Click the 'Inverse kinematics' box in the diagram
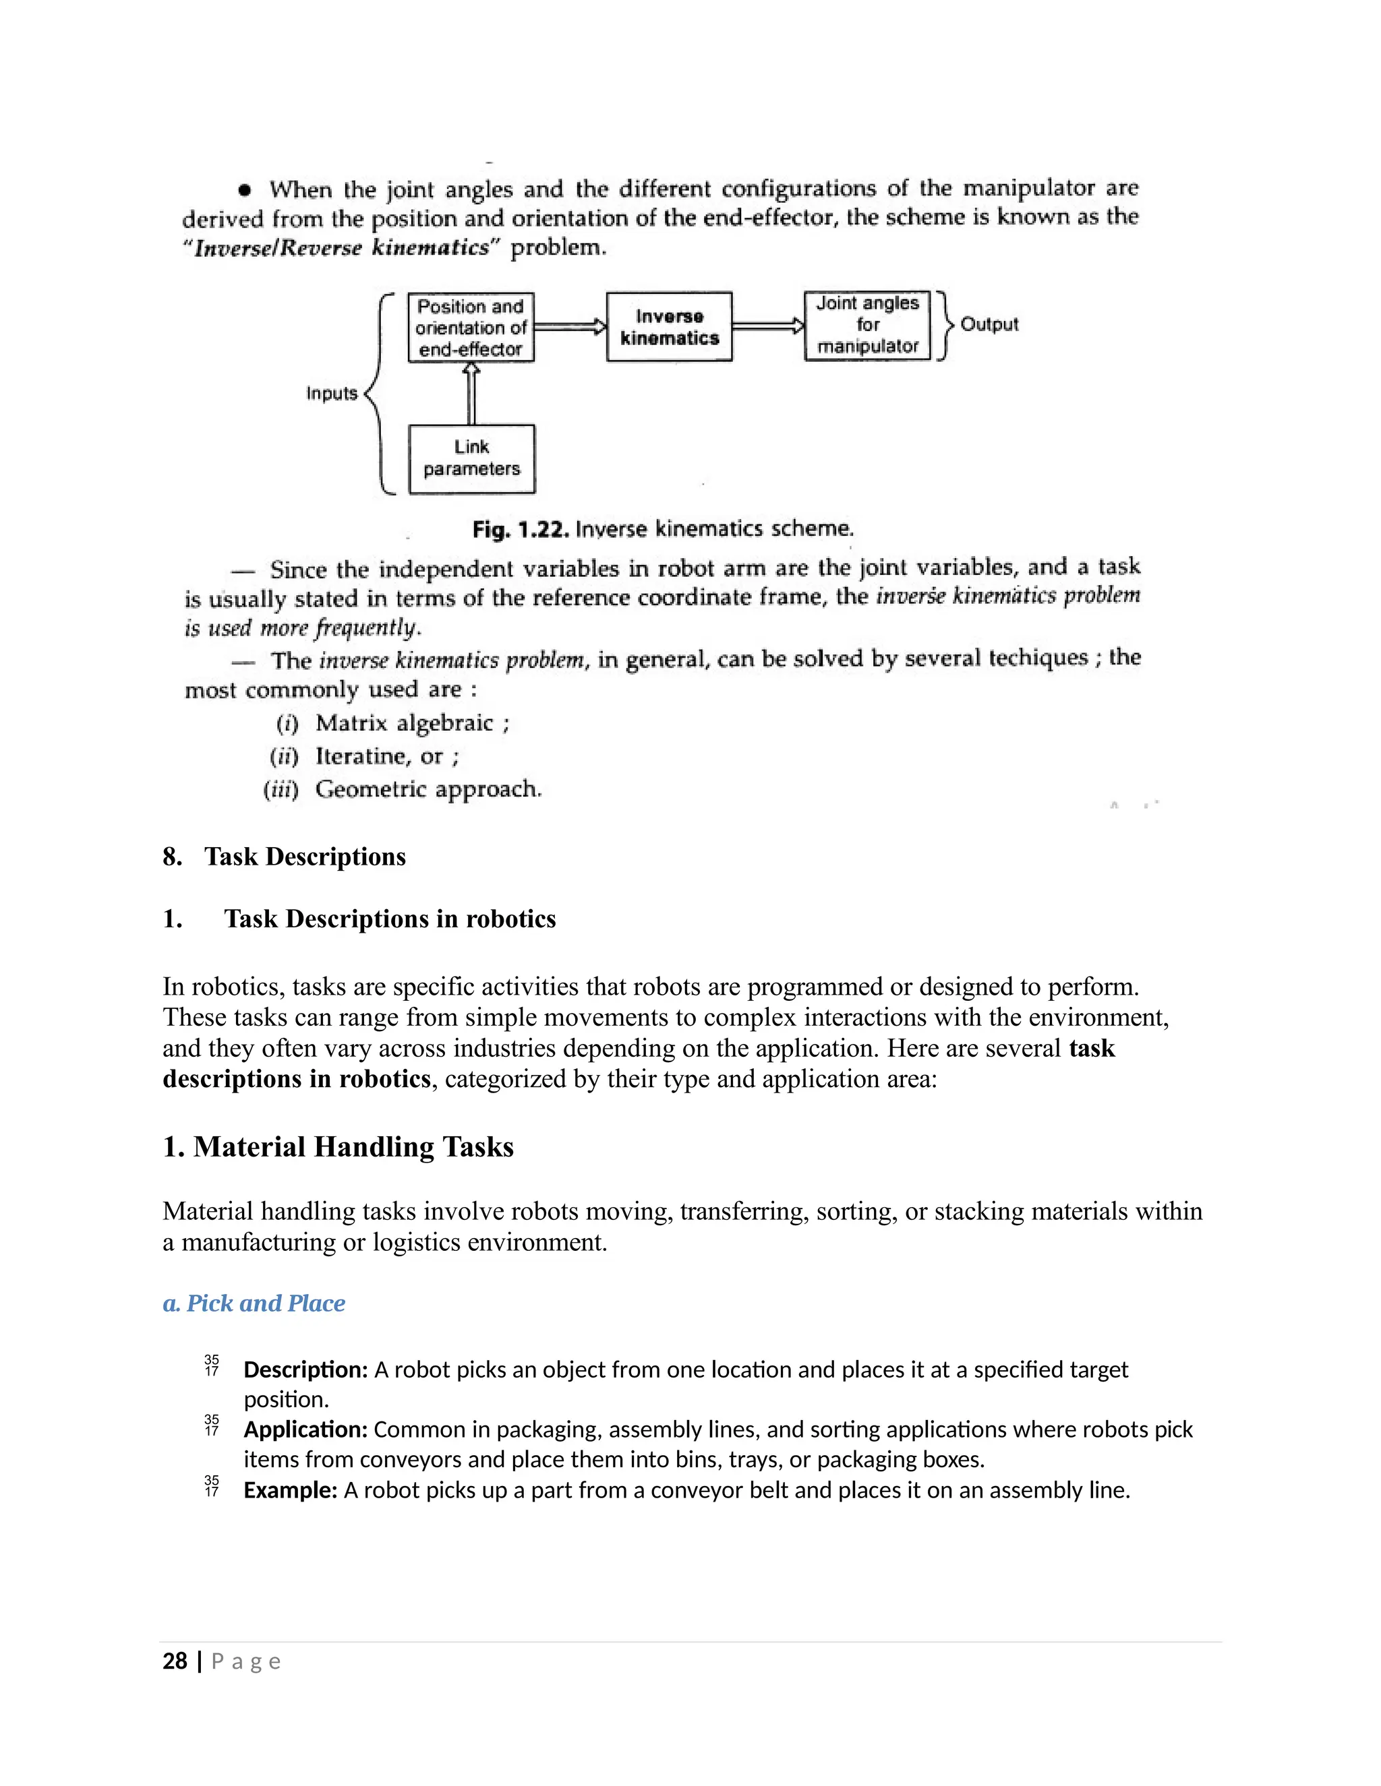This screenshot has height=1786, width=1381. pyautogui.click(x=668, y=327)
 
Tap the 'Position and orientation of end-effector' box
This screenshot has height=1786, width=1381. pyautogui.click(x=471, y=327)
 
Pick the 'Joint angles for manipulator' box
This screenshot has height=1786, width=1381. pyautogui.click(x=867, y=326)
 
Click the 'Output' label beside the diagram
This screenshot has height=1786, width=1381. pyautogui.click(x=989, y=325)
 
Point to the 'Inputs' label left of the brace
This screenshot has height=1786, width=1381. pyautogui.click(x=331, y=394)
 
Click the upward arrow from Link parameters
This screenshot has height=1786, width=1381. pyautogui.click(x=471, y=394)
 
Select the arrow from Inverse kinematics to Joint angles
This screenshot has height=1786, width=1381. pyautogui.click(x=767, y=326)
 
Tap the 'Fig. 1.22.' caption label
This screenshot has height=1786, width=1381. pyautogui.click(x=521, y=530)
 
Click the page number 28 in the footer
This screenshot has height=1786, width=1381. pyautogui.click(x=175, y=1661)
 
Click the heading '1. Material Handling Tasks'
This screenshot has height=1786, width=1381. pyautogui.click(x=338, y=1146)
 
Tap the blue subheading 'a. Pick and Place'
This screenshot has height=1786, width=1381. pyautogui.click(x=254, y=1303)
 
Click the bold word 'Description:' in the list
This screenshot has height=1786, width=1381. pyautogui.click(x=306, y=1369)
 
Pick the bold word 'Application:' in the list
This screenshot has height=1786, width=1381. pyautogui.click(x=306, y=1429)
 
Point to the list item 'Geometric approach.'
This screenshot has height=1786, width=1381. pyautogui.click(x=428, y=789)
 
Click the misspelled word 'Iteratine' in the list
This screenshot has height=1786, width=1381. pyautogui.click(x=362, y=756)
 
